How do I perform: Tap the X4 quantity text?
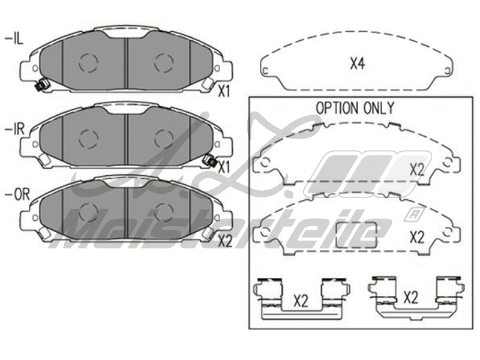point(358,63)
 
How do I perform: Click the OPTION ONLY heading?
point(355,109)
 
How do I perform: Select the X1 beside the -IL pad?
point(224,92)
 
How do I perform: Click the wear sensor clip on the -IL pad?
point(40,86)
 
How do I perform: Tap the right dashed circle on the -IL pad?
point(163,62)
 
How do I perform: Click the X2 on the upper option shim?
point(416,169)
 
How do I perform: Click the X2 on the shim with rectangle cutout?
point(416,236)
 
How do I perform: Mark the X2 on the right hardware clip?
point(410,296)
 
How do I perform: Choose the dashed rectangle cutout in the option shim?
point(356,235)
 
